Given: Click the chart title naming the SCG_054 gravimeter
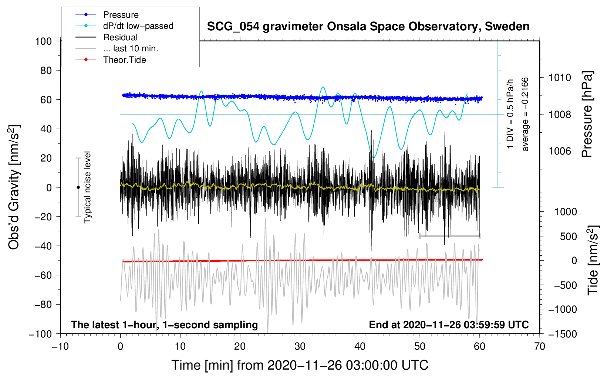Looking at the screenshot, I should pos(368,27).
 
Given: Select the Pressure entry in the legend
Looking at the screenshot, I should pos(121,15).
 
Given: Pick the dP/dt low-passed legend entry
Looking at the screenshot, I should pos(138,26).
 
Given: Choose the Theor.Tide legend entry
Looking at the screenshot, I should pos(124,60).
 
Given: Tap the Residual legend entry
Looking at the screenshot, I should pos(120,37).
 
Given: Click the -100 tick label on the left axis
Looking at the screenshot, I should pos(41,334).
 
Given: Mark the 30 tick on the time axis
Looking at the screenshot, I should pos(300,346).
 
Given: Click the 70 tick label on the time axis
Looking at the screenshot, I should pos(540,346).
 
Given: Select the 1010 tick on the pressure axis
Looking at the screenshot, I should pos(560,78).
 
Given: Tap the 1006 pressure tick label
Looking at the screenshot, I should pos(560,151).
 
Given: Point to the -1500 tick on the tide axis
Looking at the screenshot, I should pos(562,334).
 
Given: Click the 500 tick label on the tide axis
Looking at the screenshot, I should pos(569,236).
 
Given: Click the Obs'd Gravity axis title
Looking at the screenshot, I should pos(14,187).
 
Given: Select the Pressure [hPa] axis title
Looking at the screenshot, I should pos(587,114).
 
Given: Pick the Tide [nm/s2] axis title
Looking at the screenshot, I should pos(593,260).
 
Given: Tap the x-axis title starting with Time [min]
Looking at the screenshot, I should pos(300,365).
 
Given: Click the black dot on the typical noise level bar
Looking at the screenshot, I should pos(78,187).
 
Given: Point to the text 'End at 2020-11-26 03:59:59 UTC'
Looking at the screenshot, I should pos(449,325).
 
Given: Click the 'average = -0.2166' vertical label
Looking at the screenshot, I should pos(525,114).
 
